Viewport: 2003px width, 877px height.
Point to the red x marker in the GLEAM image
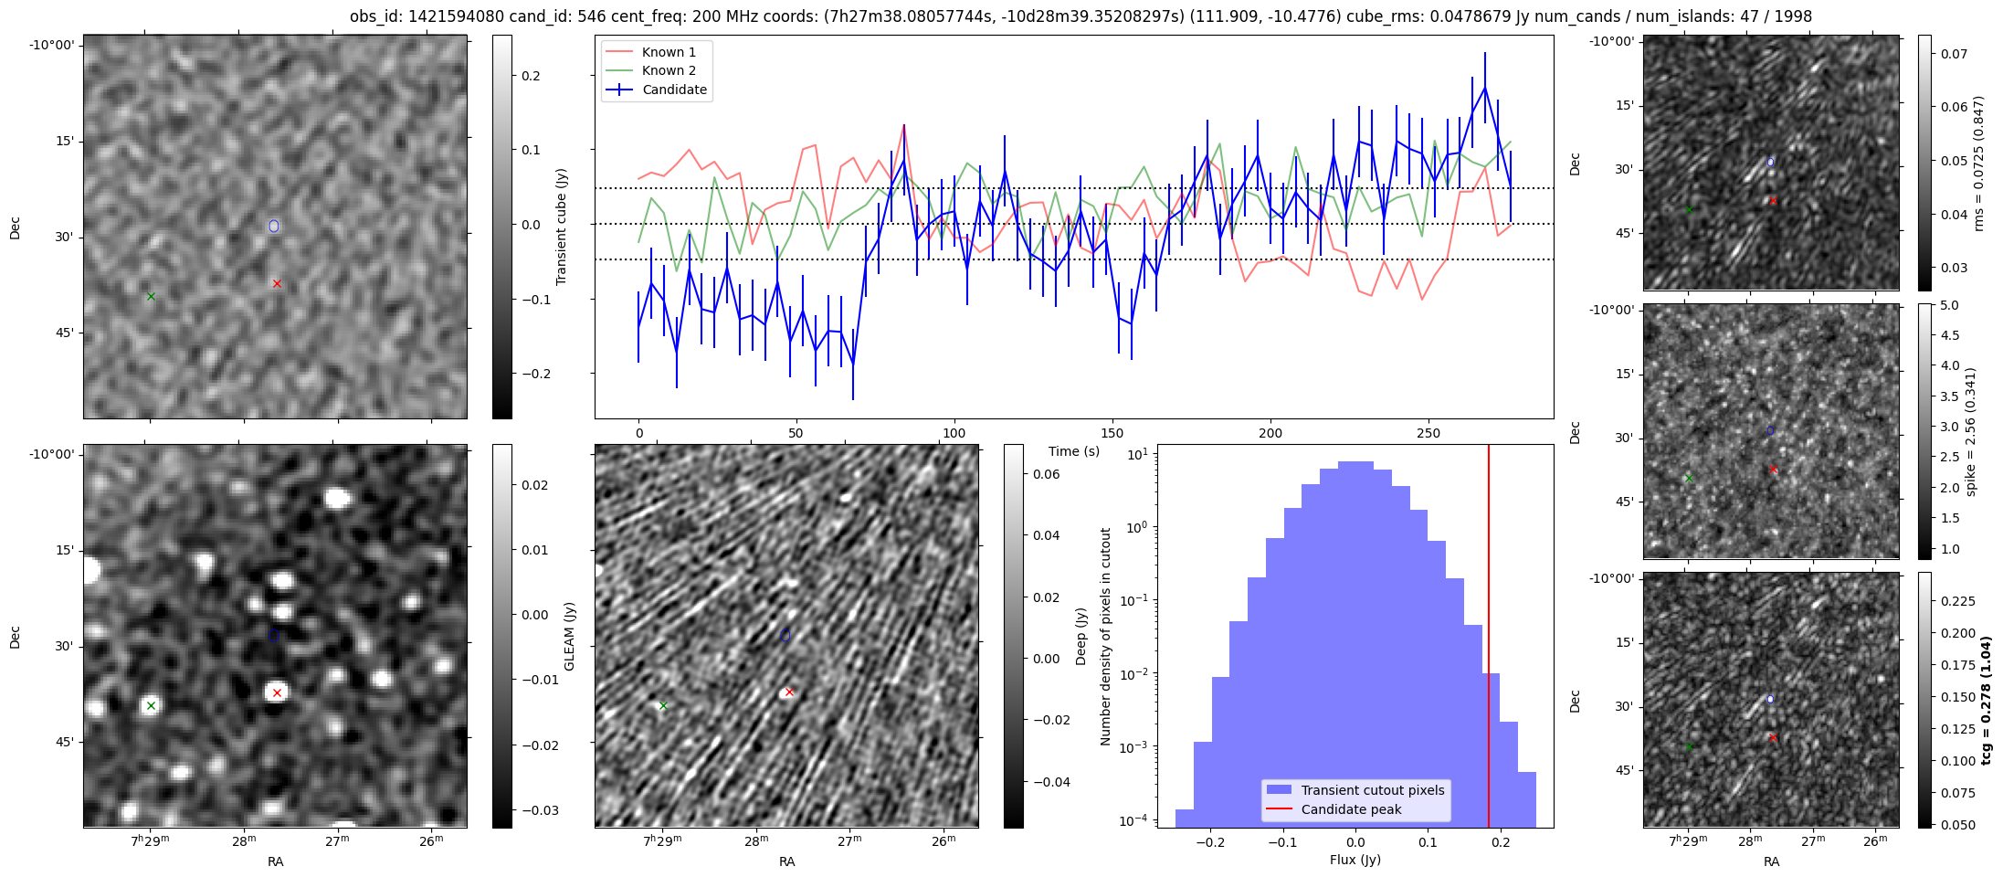pyautogui.click(x=277, y=692)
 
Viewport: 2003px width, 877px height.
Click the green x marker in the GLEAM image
pyautogui.click(x=152, y=705)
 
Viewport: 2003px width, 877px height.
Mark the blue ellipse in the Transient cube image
pyautogui.click(x=274, y=226)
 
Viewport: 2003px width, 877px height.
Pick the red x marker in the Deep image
pyautogui.click(x=789, y=692)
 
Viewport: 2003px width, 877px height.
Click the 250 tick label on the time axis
pyautogui.click(x=1428, y=434)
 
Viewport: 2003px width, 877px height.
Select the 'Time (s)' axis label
pyautogui.click(x=1074, y=451)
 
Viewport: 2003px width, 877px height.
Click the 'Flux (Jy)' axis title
pyautogui.click(x=1355, y=860)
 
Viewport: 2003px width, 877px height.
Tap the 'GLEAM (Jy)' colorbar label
pyautogui.click(x=570, y=636)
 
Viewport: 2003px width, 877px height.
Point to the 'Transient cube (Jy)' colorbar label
pyautogui.click(x=562, y=227)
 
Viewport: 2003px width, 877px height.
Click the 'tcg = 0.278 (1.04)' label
pyautogui.click(x=1985, y=700)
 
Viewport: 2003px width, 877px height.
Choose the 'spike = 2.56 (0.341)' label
pyautogui.click(x=1971, y=431)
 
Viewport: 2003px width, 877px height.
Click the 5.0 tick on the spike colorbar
pyautogui.click(x=1949, y=306)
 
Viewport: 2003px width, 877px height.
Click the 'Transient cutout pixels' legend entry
pyautogui.click(x=1373, y=790)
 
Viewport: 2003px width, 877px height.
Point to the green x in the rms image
pyautogui.click(x=1689, y=210)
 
